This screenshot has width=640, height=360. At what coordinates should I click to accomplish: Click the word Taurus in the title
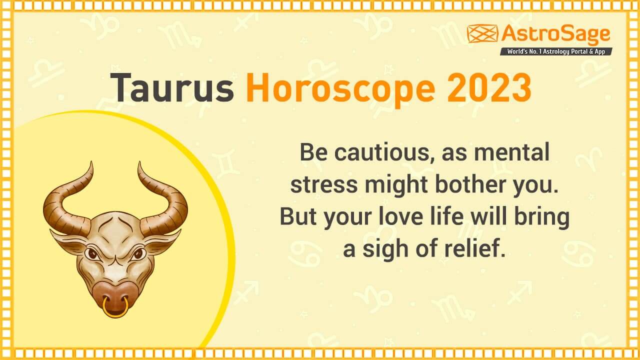[171, 87]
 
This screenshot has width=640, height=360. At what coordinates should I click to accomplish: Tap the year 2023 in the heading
[488, 87]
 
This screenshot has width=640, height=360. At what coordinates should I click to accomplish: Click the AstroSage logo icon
[482, 33]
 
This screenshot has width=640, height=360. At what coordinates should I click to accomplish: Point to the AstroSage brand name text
[555, 34]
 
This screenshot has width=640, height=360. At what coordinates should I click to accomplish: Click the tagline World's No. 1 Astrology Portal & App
[556, 51]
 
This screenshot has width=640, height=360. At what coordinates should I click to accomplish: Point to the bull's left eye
[92, 253]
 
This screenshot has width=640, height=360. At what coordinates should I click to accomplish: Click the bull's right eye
[138, 253]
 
